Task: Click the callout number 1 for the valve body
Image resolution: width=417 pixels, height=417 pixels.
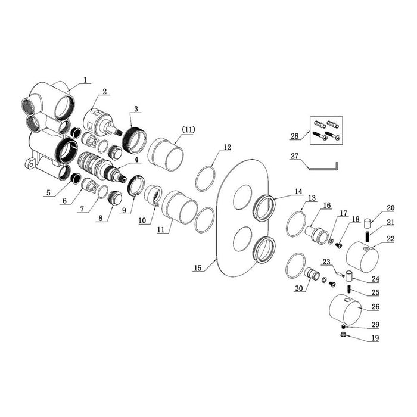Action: coord(85,80)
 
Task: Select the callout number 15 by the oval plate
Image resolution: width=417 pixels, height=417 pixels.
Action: coord(198,268)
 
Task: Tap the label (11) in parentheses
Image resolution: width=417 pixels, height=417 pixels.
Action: coord(188,130)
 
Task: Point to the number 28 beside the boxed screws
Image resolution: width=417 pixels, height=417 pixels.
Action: coord(295,136)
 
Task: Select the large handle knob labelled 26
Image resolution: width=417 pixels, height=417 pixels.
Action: coord(345,310)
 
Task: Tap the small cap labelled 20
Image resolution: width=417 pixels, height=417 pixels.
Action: coord(368,223)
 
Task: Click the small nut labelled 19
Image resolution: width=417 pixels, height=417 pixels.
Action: coord(343,335)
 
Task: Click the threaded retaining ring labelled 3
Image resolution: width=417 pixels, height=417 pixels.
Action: coord(134,141)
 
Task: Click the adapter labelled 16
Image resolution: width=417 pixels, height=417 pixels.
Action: coord(317,234)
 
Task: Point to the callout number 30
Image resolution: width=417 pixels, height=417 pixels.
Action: coord(299,288)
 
